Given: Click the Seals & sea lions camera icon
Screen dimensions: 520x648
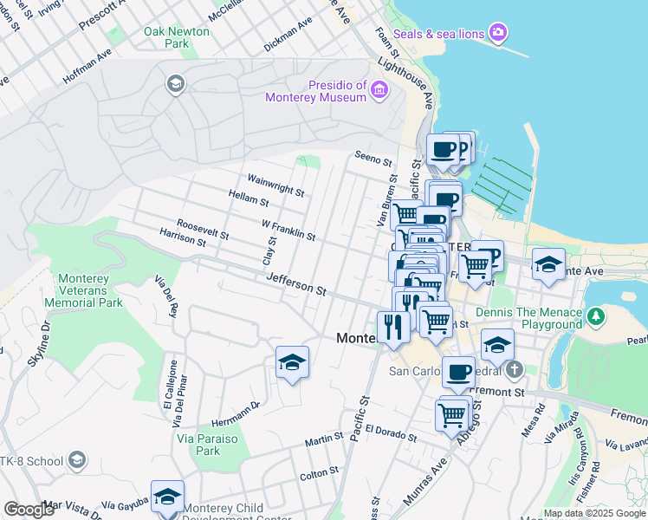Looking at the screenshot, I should point(497,33).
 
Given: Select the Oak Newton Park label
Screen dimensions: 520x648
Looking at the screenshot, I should point(177,36).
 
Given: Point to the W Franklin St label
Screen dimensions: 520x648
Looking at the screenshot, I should point(288,230).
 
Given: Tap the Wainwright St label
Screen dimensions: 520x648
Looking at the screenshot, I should point(275,185).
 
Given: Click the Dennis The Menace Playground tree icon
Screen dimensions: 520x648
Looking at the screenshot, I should point(595,318).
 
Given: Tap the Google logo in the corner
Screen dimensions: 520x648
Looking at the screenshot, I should point(29,510).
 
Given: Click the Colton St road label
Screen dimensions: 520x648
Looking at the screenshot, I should point(319,473).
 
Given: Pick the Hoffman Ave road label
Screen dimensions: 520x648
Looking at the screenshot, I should point(87,66).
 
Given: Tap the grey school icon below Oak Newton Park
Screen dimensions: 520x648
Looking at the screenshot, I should point(175,84).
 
